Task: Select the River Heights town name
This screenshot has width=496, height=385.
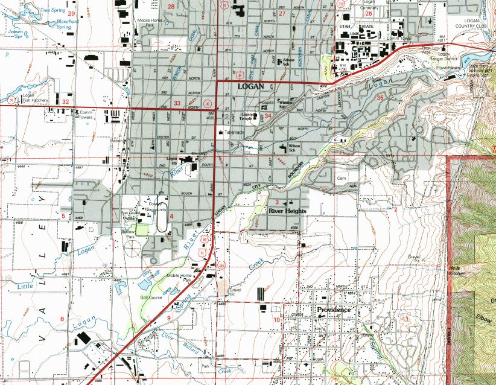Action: pyautogui.click(x=287, y=211)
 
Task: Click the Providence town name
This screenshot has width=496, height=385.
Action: pyautogui.click(x=334, y=310)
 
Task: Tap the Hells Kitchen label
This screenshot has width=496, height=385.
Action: pyautogui.click(x=457, y=270)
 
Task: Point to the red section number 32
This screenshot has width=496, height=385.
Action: pyautogui.click(x=65, y=103)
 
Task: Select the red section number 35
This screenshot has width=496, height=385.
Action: pyautogui.click(x=380, y=97)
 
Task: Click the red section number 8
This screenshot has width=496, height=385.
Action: pyautogui.click(x=62, y=317)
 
